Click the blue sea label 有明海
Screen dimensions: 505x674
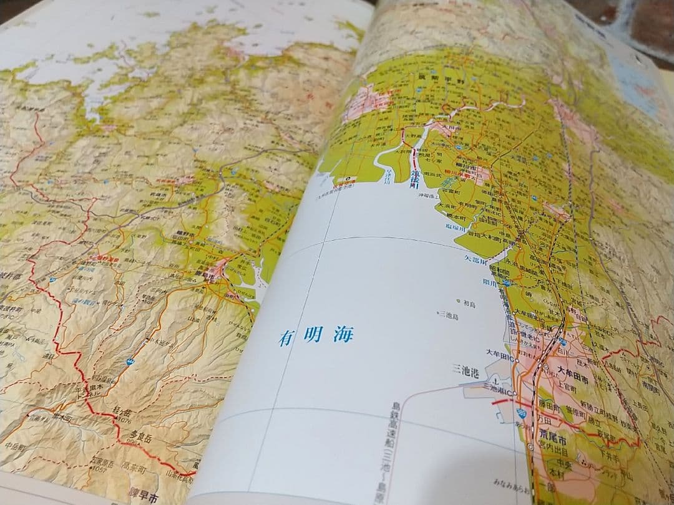tap(316, 337)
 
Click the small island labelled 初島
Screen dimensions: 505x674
tap(469, 303)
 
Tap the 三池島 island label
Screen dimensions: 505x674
tap(449, 317)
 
